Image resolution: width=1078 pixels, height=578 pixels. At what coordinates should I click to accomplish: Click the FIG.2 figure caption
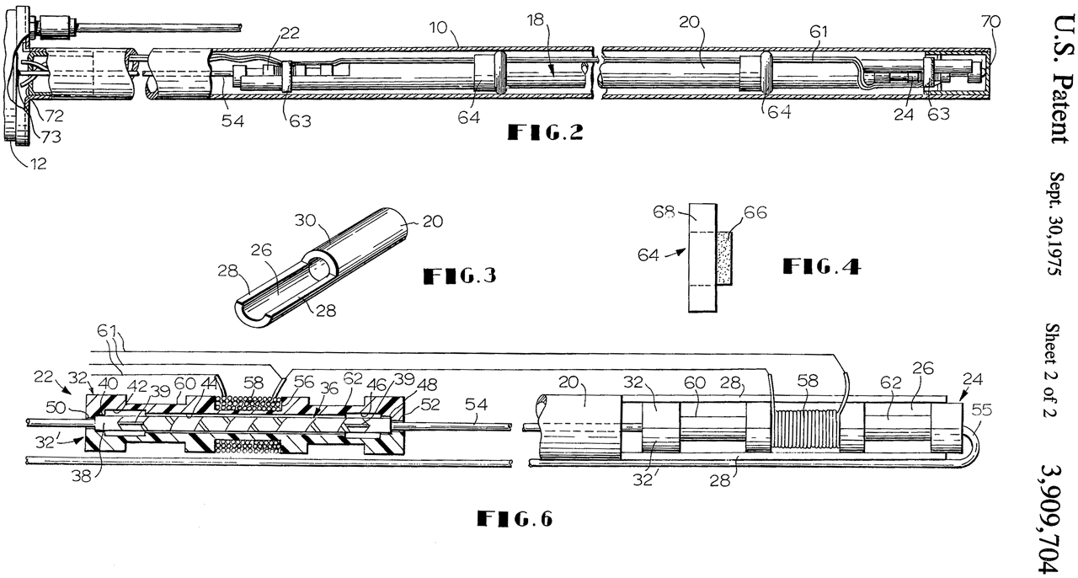[x=546, y=132]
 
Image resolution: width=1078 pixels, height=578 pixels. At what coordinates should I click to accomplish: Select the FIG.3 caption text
[x=460, y=276]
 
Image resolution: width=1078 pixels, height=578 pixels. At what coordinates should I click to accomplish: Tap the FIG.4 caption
[x=822, y=266]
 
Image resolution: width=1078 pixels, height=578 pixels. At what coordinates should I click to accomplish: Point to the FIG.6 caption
[x=515, y=518]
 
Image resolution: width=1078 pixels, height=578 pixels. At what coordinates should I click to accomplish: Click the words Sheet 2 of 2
[x=1053, y=371]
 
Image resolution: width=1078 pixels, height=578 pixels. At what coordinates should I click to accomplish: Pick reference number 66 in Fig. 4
[x=755, y=212]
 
